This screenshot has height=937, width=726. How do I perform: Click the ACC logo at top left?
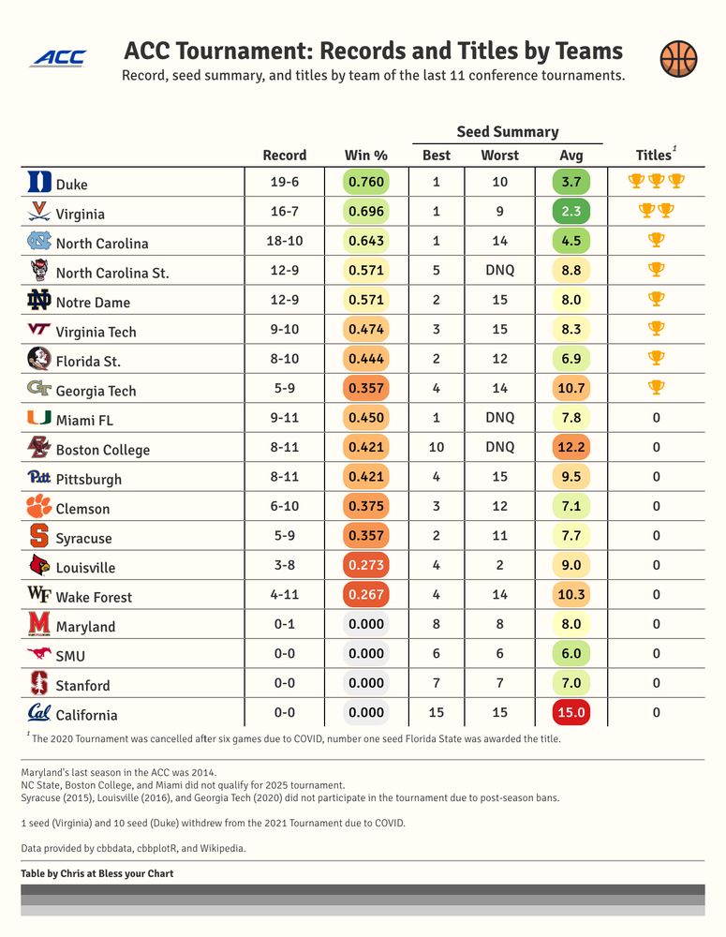(x=58, y=58)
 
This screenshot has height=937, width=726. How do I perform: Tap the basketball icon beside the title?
(x=678, y=59)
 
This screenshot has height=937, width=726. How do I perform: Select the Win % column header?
(x=366, y=156)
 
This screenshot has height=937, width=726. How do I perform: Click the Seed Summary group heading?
(x=507, y=132)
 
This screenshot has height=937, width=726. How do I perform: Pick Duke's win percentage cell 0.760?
(x=366, y=182)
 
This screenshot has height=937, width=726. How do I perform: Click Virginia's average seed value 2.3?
(x=571, y=212)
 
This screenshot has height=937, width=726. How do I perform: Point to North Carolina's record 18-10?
(x=285, y=241)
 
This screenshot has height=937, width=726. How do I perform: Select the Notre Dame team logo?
(x=39, y=301)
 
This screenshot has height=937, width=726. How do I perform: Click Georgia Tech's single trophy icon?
(x=657, y=387)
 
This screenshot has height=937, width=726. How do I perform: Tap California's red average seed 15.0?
(x=571, y=712)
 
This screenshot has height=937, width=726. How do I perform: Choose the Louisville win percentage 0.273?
(x=366, y=565)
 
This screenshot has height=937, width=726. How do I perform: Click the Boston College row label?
(x=102, y=450)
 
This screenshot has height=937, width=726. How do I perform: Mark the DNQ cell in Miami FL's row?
(x=499, y=418)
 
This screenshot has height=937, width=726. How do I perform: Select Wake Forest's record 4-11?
(x=285, y=594)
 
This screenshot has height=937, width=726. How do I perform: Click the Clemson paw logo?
(x=39, y=507)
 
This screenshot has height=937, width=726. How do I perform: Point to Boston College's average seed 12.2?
(x=571, y=447)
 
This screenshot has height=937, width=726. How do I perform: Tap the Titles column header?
(x=655, y=156)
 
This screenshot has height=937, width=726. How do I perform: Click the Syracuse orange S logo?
(x=39, y=536)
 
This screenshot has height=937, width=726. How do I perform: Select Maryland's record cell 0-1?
(x=285, y=624)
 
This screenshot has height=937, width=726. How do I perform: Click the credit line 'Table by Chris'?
(x=96, y=873)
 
